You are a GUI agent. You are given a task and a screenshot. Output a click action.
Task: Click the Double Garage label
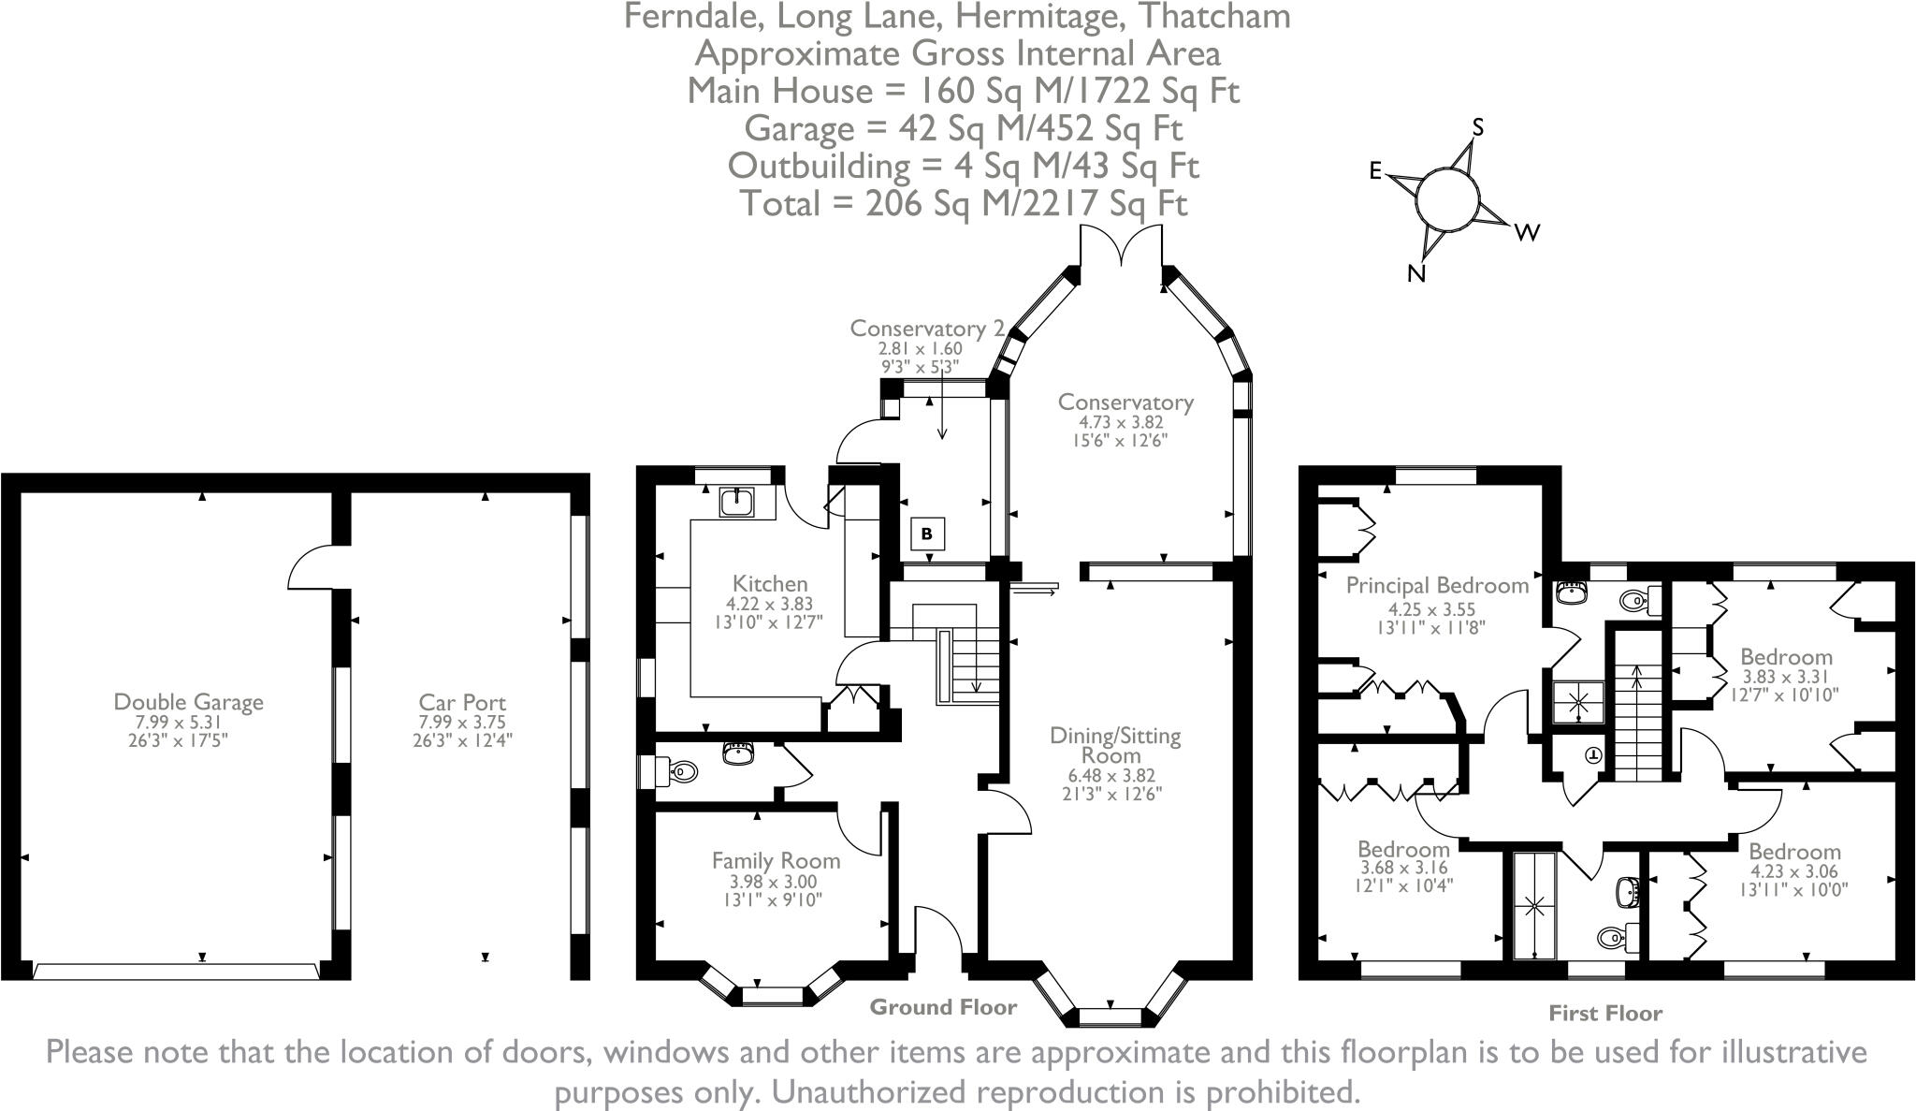(x=188, y=702)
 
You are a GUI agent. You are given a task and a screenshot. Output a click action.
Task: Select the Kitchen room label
(x=770, y=584)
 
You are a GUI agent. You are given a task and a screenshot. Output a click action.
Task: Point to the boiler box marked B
(x=927, y=534)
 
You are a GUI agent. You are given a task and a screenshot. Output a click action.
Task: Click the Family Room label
(x=776, y=860)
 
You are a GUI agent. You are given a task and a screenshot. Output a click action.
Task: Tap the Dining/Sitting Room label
(x=1115, y=745)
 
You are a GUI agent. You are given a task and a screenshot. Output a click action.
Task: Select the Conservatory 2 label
(x=927, y=329)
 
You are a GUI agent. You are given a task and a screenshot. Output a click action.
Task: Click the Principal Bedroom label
(x=1437, y=586)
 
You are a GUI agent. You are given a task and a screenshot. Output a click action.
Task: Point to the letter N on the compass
(x=1416, y=273)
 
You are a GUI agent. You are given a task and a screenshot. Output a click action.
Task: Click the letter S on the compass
(x=1478, y=127)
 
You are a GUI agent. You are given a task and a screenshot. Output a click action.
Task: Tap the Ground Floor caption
(x=943, y=1007)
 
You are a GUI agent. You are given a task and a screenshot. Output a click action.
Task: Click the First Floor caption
(x=1605, y=1013)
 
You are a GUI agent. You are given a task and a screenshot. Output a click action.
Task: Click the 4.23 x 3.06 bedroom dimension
(x=1794, y=871)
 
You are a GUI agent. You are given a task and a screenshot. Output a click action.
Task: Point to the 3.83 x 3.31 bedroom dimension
(x=1786, y=677)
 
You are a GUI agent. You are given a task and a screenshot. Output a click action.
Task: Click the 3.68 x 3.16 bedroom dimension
(x=1403, y=869)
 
